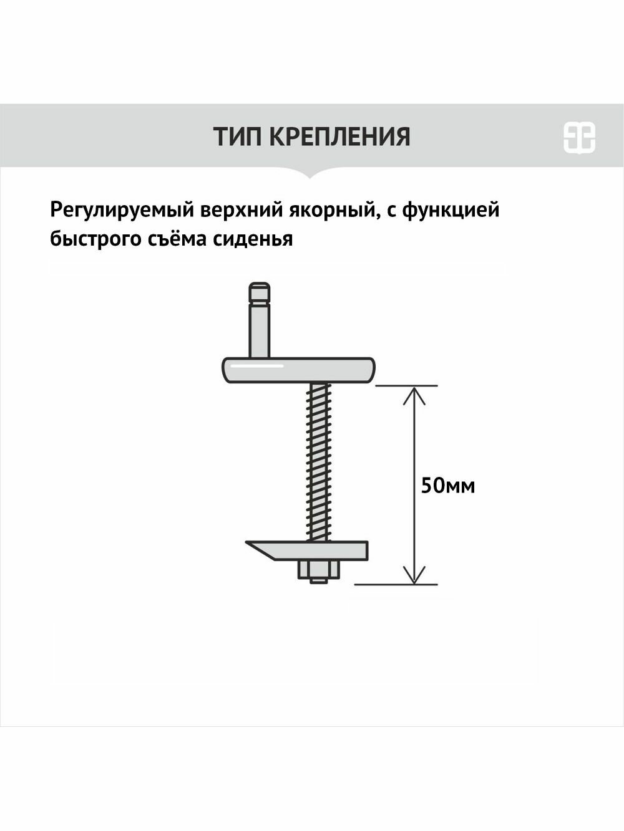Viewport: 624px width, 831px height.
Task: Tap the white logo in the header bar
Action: (579, 137)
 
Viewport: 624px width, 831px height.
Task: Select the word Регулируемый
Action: (121, 211)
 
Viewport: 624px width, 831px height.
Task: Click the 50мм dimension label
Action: (447, 486)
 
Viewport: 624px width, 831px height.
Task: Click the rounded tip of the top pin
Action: (259, 291)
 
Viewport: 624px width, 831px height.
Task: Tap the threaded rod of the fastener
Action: (319, 461)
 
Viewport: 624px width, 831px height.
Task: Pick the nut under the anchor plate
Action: (318, 570)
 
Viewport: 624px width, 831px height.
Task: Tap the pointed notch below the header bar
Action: (312, 173)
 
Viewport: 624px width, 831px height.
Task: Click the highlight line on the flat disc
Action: (256, 367)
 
